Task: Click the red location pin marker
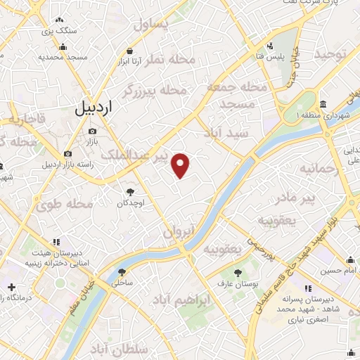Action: pyautogui.click(x=181, y=165)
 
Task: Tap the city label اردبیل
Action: pyautogui.click(x=93, y=108)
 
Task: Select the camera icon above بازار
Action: pyautogui.click(x=92, y=131)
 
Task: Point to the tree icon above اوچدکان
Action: pyautogui.click(x=130, y=191)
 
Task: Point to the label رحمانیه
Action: pyautogui.click(x=319, y=169)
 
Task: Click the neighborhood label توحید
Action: pyautogui.click(x=331, y=54)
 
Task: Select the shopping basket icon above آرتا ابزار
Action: pyautogui.click(x=130, y=51)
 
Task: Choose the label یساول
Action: pyautogui.click(x=152, y=26)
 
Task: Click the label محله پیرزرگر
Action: pyautogui.click(x=155, y=91)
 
